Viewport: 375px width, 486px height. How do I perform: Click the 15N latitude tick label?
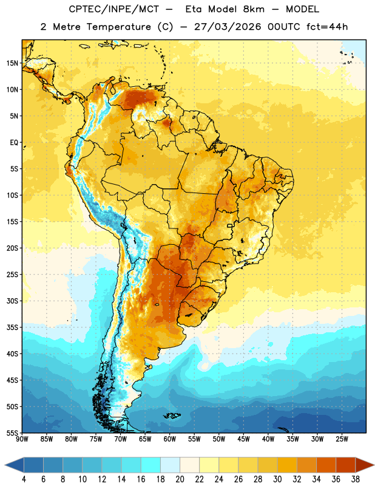12,63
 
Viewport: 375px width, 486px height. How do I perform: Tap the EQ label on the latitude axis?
14,143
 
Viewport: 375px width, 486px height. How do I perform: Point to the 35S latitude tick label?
12,327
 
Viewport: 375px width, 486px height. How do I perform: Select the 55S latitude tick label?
12,433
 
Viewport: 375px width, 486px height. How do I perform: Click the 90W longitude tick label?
22,439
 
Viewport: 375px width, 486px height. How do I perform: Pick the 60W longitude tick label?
170,439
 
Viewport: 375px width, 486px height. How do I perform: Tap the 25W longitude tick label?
342,439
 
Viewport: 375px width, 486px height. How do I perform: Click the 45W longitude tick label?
243,439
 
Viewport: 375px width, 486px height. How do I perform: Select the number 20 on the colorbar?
180,479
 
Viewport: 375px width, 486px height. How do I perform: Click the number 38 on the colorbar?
356,479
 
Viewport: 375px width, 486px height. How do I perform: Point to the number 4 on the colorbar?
24,479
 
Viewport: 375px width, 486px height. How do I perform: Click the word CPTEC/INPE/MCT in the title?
114,9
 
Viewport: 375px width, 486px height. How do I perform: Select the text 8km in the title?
254,9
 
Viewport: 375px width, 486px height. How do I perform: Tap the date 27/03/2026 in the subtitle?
228,27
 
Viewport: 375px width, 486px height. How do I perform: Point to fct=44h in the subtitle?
327,27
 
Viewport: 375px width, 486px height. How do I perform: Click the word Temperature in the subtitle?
118,27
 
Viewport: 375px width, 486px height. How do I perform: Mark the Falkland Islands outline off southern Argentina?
172,416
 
